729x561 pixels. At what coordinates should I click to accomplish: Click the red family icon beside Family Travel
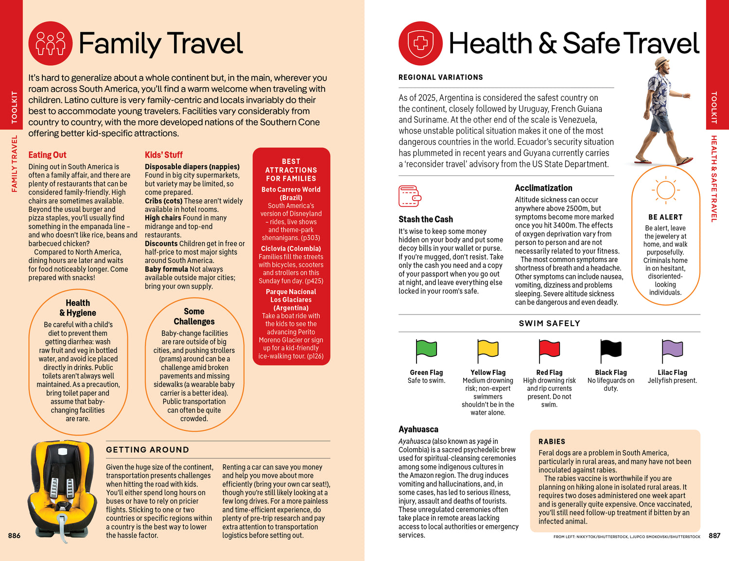(x=51, y=43)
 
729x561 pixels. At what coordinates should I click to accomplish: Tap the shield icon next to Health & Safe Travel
(x=420, y=43)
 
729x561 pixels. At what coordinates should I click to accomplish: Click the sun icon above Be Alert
(x=665, y=190)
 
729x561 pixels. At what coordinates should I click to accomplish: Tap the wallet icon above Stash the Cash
(x=410, y=196)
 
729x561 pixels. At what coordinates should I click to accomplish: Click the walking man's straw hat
(x=661, y=63)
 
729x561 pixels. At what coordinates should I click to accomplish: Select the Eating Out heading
(x=47, y=155)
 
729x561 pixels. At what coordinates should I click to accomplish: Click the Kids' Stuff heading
(x=164, y=155)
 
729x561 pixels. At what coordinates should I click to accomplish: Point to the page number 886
(x=14, y=536)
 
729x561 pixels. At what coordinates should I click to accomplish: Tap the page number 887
(x=714, y=536)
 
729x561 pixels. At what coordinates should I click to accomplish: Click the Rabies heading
(x=552, y=441)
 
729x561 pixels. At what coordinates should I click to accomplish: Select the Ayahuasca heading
(x=418, y=429)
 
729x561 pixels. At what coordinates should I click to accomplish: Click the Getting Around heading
(x=147, y=450)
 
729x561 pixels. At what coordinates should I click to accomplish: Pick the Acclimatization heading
(x=543, y=188)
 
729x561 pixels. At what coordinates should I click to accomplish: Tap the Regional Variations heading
(x=440, y=77)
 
